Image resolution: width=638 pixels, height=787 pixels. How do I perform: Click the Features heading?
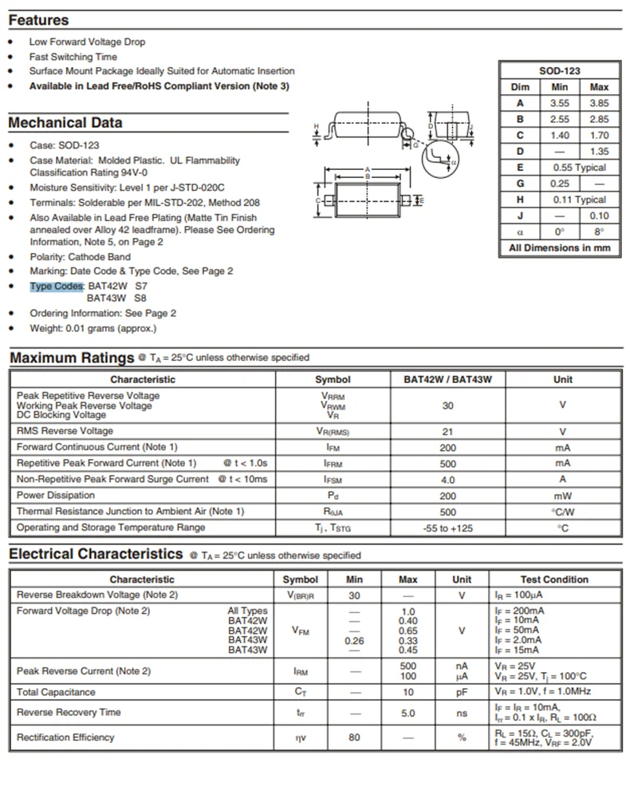(x=38, y=21)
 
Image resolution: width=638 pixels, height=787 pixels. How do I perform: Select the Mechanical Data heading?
(x=65, y=123)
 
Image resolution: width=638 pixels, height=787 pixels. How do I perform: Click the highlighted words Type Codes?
(x=57, y=285)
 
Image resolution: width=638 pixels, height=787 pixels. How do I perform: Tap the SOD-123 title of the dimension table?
(x=559, y=71)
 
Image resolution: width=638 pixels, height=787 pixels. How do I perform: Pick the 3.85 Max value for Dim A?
(x=599, y=103)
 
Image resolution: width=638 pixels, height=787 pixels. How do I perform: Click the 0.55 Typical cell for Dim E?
(x=579, y=168)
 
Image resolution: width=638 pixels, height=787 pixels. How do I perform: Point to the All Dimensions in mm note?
(x=559, y=247)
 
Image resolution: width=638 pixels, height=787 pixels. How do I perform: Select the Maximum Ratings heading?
(x=72, y=358)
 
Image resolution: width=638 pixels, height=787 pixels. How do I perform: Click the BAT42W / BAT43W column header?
(x=447, y=379)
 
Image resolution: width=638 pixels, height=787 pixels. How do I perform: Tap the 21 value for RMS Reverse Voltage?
(x=447, y=431)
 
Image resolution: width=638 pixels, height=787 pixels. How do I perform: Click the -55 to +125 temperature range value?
(x=447, y=528)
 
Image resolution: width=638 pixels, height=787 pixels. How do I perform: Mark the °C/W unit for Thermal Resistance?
(x=562, y=512)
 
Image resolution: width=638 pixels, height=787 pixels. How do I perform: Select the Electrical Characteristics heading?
(x=96, y=554)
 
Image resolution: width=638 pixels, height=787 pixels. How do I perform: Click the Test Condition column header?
(x=554, y=579)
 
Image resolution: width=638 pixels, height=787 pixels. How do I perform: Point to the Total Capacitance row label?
(x=56, y=692)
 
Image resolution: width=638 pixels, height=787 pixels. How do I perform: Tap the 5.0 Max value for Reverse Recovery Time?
(x=408, y=713)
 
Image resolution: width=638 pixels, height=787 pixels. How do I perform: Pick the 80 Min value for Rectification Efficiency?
(x=354, y=738)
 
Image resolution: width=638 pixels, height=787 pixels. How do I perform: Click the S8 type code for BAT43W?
(x=140, y=298)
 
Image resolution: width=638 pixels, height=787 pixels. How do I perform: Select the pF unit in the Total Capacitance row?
(x=461, y=692)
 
